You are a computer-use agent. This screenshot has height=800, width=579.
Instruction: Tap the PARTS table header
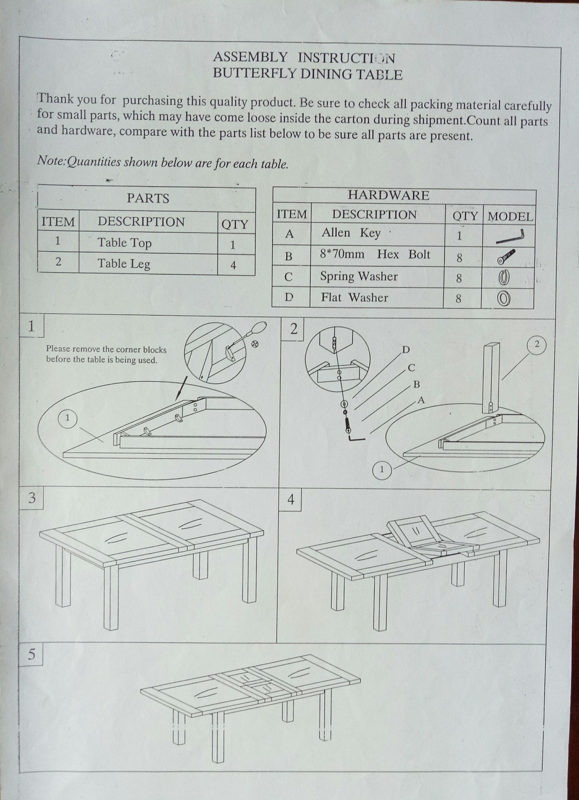tap(147, 198)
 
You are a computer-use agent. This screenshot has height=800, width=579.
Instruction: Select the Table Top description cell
tap(124, 243)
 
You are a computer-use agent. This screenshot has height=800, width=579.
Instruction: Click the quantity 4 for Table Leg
tap(233, 265)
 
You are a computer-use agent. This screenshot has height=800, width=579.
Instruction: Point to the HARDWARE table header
tap(388, 195)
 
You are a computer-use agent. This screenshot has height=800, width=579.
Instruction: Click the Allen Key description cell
tap(351, 233)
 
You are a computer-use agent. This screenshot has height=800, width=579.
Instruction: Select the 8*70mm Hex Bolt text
tap(375, 254)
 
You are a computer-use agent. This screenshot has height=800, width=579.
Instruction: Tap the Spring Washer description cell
tap(359, 276)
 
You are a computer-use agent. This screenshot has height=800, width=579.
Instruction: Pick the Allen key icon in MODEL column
tap(510, 237)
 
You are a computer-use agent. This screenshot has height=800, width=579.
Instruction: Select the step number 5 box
tap(31, 654)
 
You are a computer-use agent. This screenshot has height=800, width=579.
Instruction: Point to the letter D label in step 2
tap(406, 350)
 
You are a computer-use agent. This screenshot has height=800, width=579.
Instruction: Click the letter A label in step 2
tap(421, 400)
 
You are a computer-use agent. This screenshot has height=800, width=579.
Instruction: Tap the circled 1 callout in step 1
tap(68, 418)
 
